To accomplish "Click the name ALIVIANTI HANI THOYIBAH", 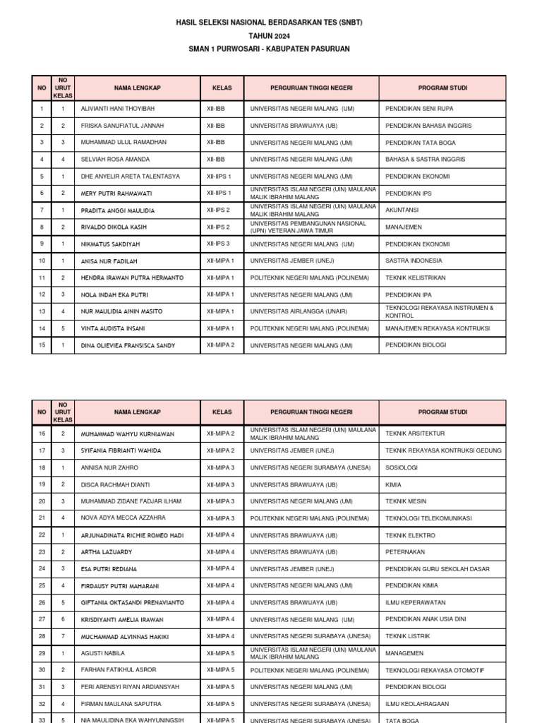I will (x=117, y=109).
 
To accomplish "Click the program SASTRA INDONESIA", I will (x=414, y=261).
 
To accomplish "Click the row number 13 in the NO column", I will (x=42, y=311).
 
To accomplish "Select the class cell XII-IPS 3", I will (x=219, y=244).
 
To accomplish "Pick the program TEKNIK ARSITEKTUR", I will (x=415, y=434).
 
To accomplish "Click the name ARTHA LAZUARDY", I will (x=106, y=552).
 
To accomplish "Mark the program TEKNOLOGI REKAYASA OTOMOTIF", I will (x=435, y=670).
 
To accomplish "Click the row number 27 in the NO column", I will (x=42, y=619).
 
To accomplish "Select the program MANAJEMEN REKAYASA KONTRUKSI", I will (x=438, y=328).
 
